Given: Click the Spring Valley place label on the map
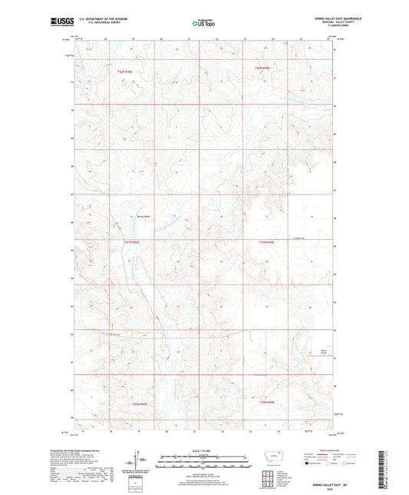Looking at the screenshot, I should coord(144,216).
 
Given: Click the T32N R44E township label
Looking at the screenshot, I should coord(262,69).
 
